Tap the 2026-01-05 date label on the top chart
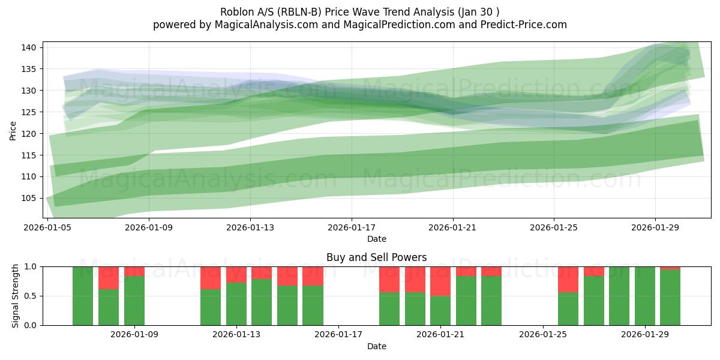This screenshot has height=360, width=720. coord(48,228)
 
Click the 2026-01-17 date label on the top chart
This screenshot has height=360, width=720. coord(351,228)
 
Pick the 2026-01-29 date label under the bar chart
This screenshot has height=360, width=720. coord(646,335)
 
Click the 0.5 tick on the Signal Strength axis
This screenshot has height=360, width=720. coord(30,296)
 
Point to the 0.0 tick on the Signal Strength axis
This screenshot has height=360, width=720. coord(30,325)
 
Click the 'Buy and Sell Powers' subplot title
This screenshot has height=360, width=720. coord(376,257)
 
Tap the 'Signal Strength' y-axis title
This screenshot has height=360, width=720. coord(16,296)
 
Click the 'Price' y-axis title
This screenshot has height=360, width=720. coord(13,130)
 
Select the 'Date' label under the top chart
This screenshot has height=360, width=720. coord(376,239)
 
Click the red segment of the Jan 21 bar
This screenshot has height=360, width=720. coord(440,281)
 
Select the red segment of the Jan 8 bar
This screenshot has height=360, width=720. coord(109,278)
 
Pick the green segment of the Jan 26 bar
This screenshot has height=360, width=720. coord(568,309)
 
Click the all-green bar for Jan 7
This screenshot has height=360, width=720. coord(83,296)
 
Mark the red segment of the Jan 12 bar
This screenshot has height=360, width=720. coord(211,278)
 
